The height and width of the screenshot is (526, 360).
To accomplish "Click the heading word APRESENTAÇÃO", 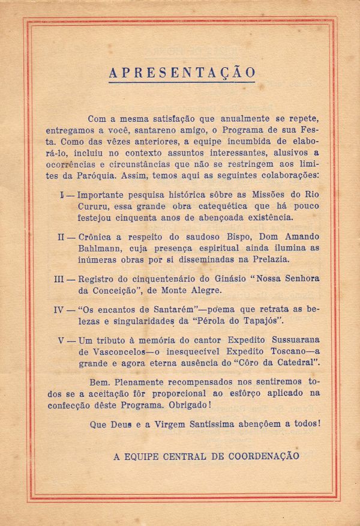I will tap(182, 73).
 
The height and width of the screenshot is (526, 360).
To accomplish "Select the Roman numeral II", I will tap(62, 237).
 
